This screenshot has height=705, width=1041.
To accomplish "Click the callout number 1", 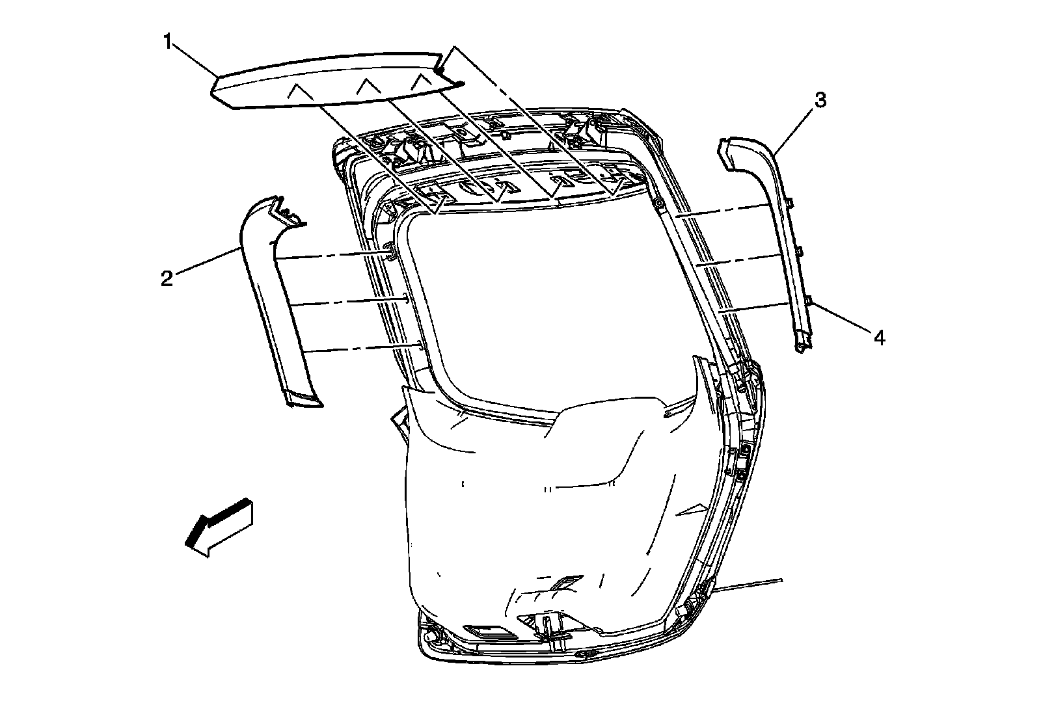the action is coord(168,43).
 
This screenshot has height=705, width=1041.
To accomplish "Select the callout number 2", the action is coord(167,279).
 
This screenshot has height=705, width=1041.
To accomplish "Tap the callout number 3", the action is coord(820,100).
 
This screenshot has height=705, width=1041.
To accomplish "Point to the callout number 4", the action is coord(878,338).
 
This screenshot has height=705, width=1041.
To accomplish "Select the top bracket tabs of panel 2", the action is coord(286,211).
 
